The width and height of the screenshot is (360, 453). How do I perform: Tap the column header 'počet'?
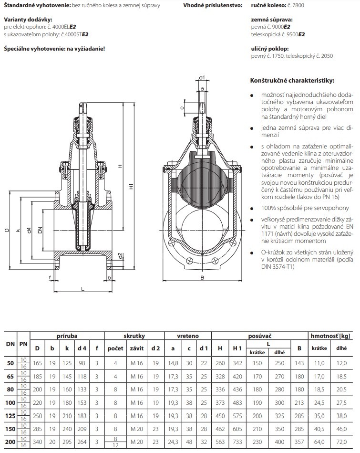[115, 348]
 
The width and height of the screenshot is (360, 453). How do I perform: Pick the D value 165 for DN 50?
[38, 363]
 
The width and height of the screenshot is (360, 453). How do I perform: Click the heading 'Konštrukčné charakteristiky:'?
[292, 80]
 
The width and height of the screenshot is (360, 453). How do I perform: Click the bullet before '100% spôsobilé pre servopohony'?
[252, 208]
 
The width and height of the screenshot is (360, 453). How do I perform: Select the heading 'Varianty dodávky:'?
[24, 20]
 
